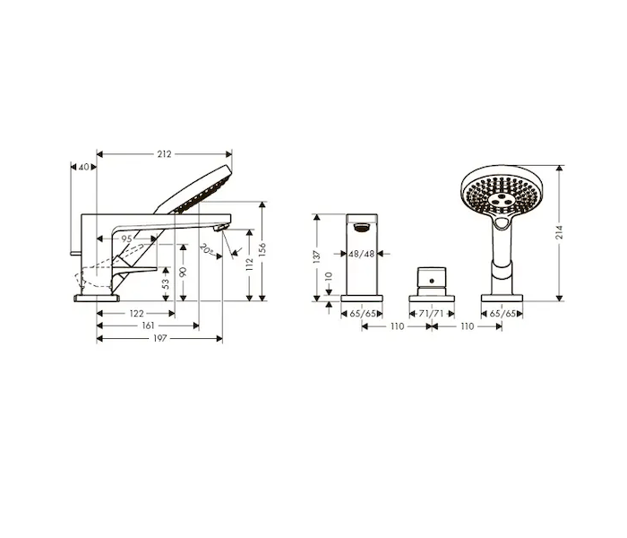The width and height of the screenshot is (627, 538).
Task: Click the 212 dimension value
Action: pyautogui.click(x=164, y=154)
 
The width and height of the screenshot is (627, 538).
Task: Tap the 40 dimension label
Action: pyautogui.click(x=83, y=167)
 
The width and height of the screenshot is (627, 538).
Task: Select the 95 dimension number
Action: pyautogui.click(x=126, y=239)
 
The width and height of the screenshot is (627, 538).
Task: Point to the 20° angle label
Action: pyautogui.click(x=206, y=249)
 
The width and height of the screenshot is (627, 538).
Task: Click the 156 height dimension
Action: pyautogui.click(x=262, y=251)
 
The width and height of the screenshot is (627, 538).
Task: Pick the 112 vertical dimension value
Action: pyautogui.click(x=250, y=265)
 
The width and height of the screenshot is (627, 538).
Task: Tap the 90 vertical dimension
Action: pyautogui.click(x=183, y=273)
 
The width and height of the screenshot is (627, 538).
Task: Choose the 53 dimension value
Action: pyautogui.click(x=166, y=284)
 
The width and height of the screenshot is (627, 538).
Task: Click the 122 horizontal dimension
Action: pyautogui.click(x=137, y=314)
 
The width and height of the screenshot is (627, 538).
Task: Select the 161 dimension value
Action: pyautogui.click(x=148, y=325)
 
